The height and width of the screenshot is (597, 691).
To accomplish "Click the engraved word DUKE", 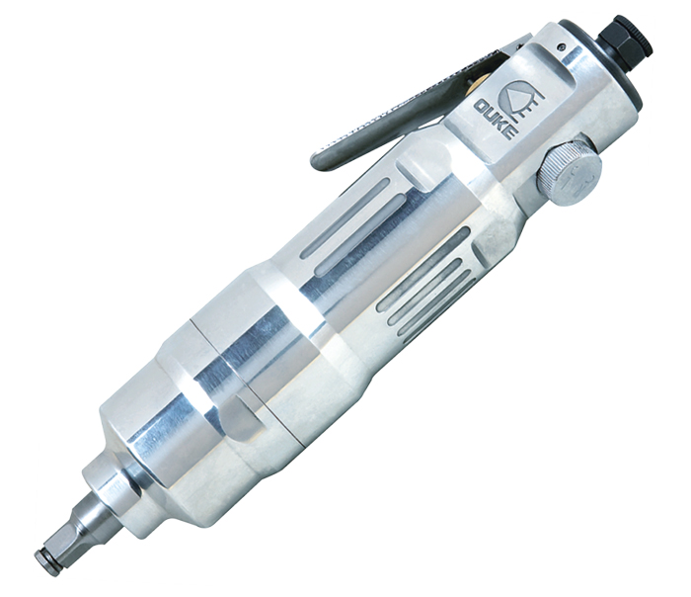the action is tap(497, 120).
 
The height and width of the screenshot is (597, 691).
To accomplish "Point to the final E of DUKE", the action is tap(511, 132).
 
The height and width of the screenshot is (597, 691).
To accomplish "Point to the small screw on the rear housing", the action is tap(561, 45).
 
